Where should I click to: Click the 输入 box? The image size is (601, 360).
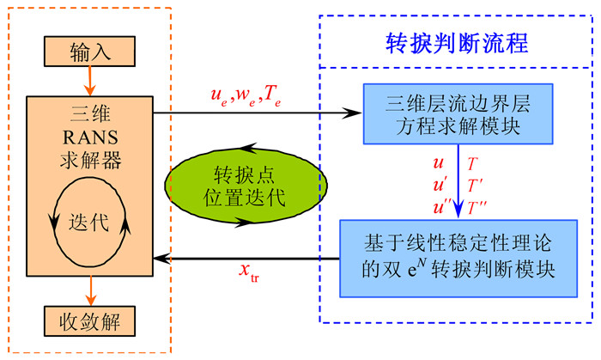pyautogui.click(x=89, y=52)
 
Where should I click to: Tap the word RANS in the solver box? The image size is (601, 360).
pyautogui.click(x=89, y=137)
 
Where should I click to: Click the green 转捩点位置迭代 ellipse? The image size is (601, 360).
pyautogui.click(x=246, y=183)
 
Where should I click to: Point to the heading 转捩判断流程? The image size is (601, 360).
pyautogui.click(x=454, y=42)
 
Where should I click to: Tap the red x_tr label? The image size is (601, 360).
pyautogui.click(x=250, y=272)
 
